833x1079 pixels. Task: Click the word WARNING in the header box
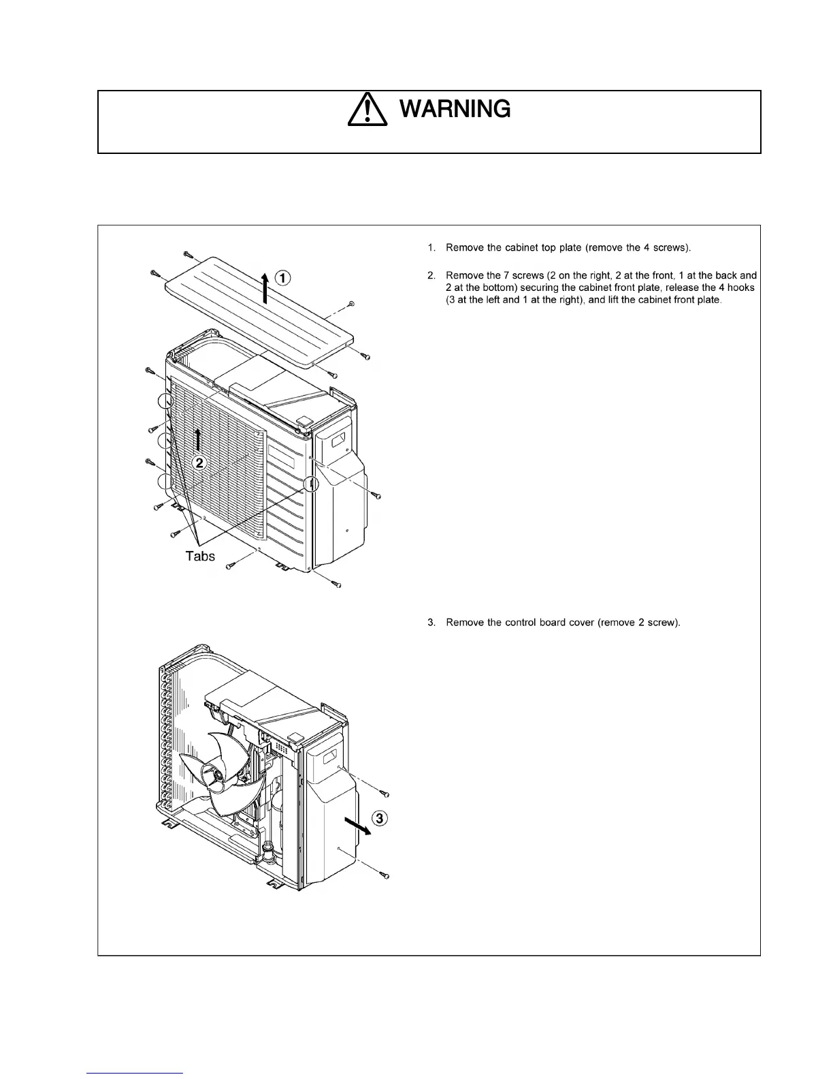point(454,109)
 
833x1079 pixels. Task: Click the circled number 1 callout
point(282,277)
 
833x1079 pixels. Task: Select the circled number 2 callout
point(199,463)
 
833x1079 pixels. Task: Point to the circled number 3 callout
point(380,818)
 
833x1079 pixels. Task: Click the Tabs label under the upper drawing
point(200,557)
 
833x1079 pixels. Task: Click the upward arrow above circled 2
point(197,439)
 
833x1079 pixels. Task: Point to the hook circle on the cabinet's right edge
point(310,484)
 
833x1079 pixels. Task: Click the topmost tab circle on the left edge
point(165,401)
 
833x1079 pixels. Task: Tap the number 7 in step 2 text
point(491,276)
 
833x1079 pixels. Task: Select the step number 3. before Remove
point(431,623)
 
